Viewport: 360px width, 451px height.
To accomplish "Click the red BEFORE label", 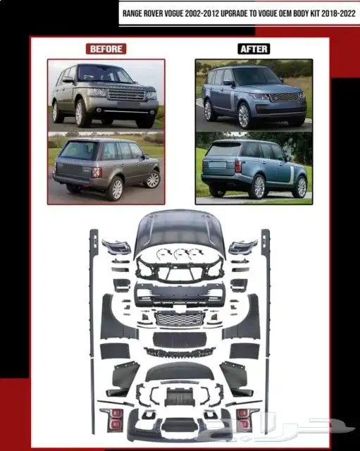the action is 106,49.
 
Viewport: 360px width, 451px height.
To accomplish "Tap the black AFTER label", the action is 254,49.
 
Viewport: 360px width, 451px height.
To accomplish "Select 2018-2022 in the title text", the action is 338,13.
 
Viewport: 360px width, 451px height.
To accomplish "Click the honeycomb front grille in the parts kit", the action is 180,319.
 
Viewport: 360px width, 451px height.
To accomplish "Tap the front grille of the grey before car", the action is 127,94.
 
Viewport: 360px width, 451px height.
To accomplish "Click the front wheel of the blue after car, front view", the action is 244,116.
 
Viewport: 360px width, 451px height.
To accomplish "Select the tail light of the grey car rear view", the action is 97,172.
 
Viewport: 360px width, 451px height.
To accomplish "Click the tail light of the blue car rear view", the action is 238,166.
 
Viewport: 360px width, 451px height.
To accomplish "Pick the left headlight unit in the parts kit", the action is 116,247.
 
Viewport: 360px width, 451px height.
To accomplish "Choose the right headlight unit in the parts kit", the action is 243,247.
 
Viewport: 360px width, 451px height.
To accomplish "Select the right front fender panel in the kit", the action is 243,319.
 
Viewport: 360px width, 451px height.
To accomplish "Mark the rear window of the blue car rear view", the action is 224,149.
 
